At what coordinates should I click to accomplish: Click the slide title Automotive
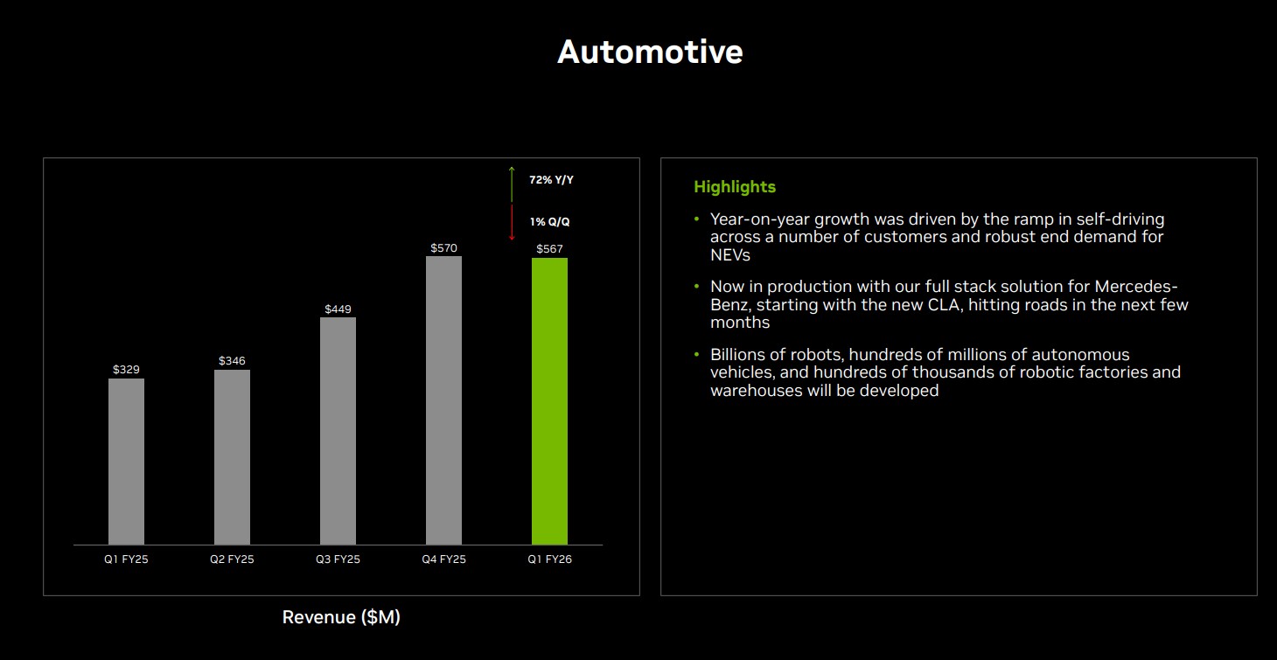click(650, 52)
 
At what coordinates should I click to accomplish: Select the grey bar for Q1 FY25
click(126, 462)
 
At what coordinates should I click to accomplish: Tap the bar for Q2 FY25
click(232, 457)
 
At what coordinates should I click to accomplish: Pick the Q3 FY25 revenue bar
click(338, 431)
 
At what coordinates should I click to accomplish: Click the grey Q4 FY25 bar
click(443, 400)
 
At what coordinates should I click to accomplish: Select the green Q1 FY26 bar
click(549, 401)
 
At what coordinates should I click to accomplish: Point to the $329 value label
click(126, 370)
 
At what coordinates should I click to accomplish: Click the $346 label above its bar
click(232, 361)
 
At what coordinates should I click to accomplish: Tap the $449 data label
click(338, 309)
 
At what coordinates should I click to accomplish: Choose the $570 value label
click(443, 248)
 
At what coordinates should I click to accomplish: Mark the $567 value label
click(549, 249)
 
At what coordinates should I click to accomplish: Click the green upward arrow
click(512, 184)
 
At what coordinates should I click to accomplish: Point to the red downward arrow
click(512, 223)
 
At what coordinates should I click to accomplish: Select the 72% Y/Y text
click(551, 179)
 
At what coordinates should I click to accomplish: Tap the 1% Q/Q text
click(549, 222)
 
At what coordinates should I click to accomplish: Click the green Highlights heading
click(734, 187)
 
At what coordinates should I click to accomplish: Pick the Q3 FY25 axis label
click(338, 559)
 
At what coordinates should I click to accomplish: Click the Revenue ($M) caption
click(341, 617)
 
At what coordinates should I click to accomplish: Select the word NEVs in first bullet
click(730, 255)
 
